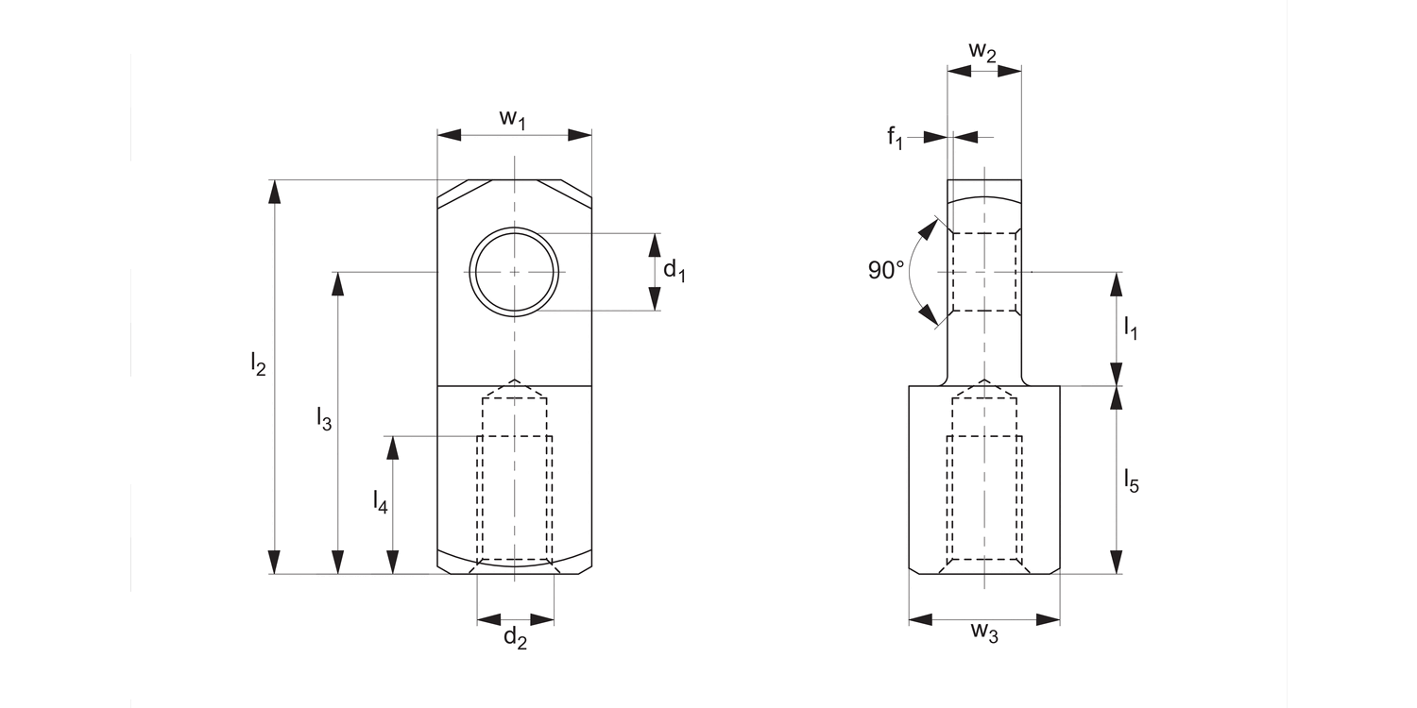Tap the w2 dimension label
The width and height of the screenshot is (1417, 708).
(982, 52)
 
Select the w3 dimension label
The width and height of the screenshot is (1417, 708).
(983, 633)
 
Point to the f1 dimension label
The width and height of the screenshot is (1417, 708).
(895, 139)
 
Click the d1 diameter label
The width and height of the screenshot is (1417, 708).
(674, 271)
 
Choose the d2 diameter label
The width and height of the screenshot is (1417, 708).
(515, 638)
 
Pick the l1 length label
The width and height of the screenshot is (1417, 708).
(1131, 329)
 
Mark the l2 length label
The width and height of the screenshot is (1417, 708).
(258, 363)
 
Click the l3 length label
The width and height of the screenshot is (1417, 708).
(323, 419)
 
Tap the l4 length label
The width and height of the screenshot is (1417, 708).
(380, 501)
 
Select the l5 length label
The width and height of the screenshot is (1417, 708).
(1132, 482)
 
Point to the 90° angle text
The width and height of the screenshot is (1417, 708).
(886, 270)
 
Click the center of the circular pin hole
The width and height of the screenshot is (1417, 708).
(514, 272)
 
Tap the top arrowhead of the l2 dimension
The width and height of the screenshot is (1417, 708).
(275, 190)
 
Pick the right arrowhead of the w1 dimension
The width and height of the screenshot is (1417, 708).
(580, 136)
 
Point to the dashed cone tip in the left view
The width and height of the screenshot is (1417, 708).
(514, 381)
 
